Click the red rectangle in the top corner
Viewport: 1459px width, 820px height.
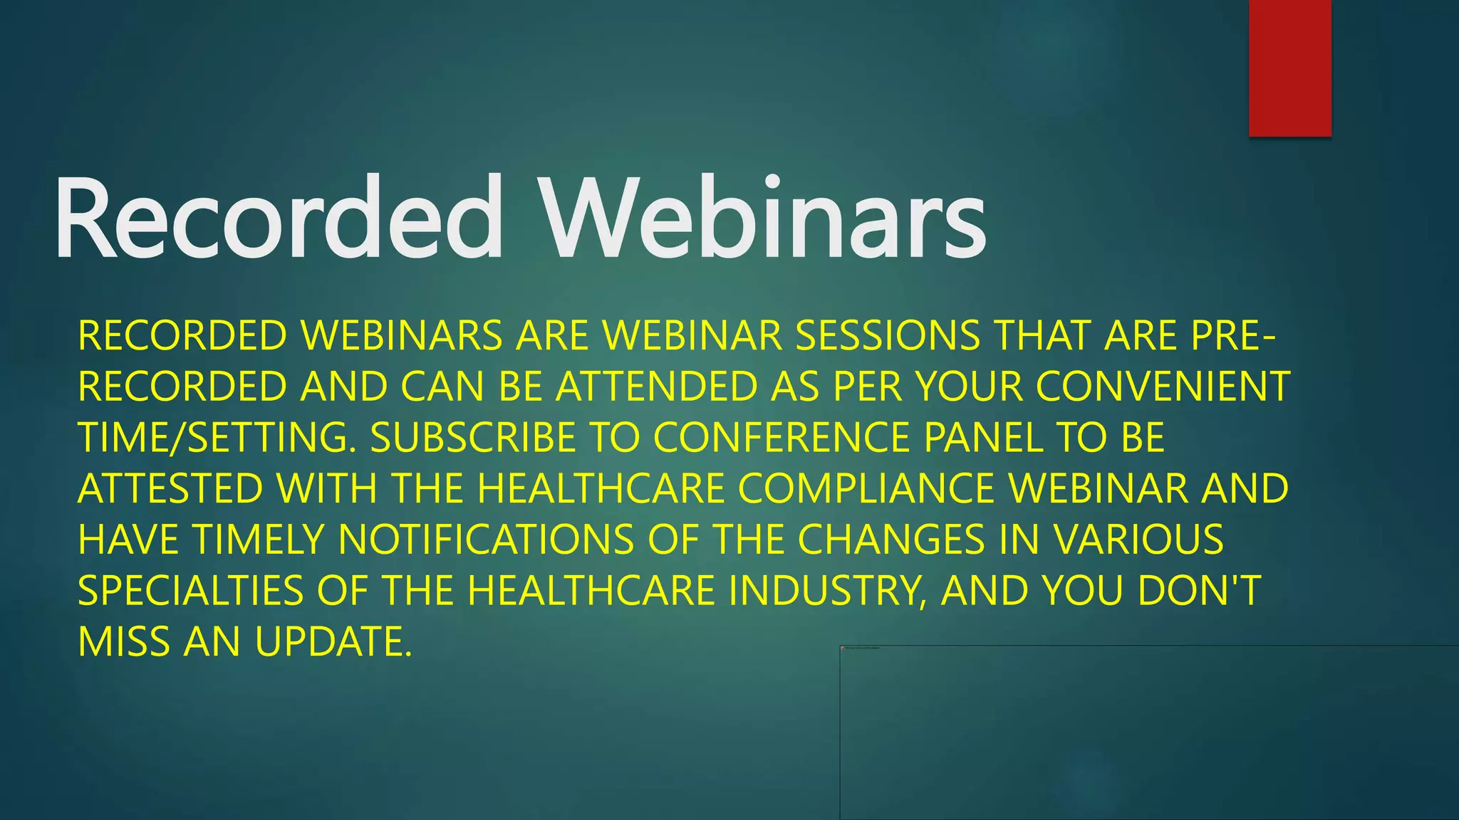(1289, 68)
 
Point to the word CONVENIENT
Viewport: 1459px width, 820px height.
(1163, 387)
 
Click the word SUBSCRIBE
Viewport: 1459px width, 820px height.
(472, 438)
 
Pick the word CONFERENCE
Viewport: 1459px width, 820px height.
(782, 438)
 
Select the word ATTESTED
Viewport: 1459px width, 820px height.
(170, 489)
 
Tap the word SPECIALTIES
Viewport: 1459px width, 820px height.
(190, 591)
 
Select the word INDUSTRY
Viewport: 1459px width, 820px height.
(828, 591)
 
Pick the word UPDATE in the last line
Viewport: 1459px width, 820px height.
(333, 642)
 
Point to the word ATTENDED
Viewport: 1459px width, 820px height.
(656, 387)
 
